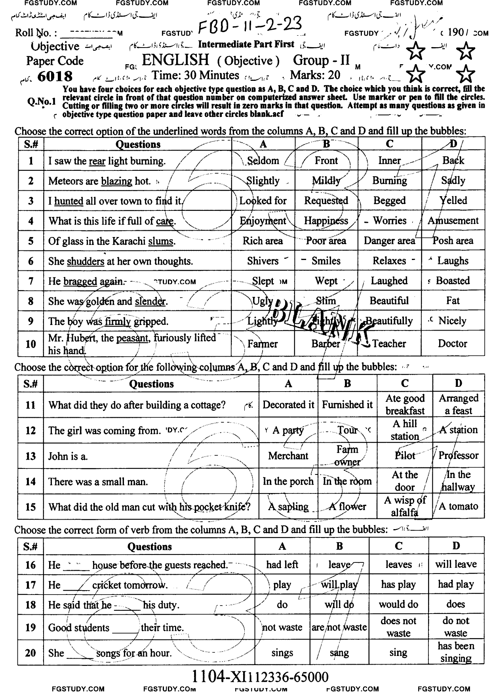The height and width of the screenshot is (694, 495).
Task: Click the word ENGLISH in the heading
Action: pyautogui.click(x=175, y=60)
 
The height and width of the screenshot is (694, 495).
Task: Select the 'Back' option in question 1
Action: pyautogui.click(x=453, y=161)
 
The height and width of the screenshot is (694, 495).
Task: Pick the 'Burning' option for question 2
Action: pyautogui.click(x=389, y=181)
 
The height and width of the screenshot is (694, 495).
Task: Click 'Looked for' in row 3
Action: pyautogui.click(x=263, y=201)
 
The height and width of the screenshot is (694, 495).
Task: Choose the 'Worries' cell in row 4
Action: pyautogui.click(x=390, y=221)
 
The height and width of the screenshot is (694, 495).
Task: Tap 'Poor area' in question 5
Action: pyautogui.click(x=326, y=241)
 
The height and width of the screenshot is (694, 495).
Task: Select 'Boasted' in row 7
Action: pyautogui.click(x=453, y=281)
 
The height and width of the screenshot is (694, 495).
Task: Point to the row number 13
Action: pyautogui.click(x=30, y=456)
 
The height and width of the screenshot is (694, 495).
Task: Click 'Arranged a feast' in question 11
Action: pyautogui.click(x=458, y=405)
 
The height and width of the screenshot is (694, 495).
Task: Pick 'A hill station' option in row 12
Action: pyautogui.click(x=405, y=430)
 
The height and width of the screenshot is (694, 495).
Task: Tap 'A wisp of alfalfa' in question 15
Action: pyautogui.click(x=405, y=507)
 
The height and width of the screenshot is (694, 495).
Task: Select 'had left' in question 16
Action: pyautogui.click(x=282, y=564)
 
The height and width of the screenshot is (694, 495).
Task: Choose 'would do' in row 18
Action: pyautogui.click(x=398, y=605)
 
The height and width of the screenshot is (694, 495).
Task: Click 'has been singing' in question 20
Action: pyautogui.click(x=456, y=652)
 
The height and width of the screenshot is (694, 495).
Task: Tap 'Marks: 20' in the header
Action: pyautogui.click(x=315, y=75)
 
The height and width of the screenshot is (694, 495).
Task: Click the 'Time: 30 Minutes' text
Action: pyautogui.click(x=196, y=75)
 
